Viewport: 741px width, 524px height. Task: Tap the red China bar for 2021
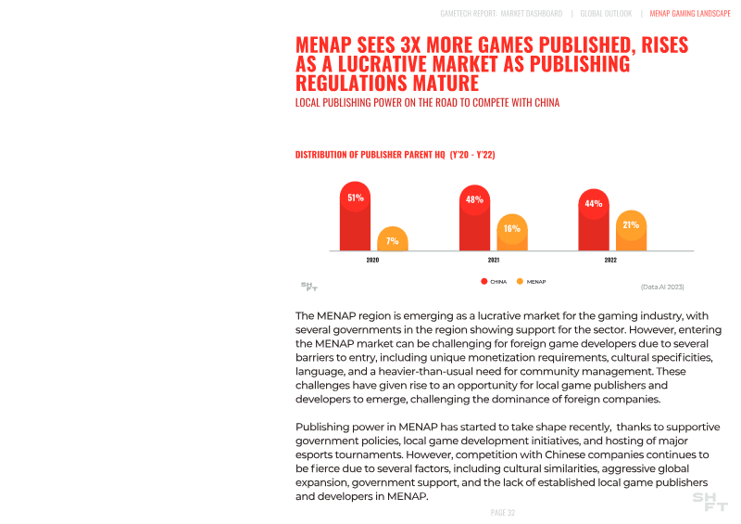tap(474, 220)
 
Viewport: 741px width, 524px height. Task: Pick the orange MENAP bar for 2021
tap(512, 233)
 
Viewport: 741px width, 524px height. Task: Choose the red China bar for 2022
tap(594, 222)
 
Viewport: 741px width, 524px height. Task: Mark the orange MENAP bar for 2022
tap(631, 231)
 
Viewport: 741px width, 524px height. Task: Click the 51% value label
tap(356, 198)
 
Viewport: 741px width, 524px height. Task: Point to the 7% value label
tap(393, 241)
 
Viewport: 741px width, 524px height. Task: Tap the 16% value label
tap(512, 228)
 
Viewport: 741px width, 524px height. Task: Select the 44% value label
tap(594, 204)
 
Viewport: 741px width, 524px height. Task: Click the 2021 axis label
tap(494, 261)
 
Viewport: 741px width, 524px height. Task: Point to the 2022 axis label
tap(611, 261)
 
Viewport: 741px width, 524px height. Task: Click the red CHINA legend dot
tap(484, 281)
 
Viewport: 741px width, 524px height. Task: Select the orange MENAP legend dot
tap(520, 281)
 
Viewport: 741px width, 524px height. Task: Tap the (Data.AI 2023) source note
tap(662, 287)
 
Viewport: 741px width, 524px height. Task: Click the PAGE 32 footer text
tap(502, 513)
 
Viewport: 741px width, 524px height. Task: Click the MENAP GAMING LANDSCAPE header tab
tap(690, 14)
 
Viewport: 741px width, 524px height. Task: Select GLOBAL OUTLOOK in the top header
tap(606, 14)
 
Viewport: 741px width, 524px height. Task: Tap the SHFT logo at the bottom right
tap(710, 502)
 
